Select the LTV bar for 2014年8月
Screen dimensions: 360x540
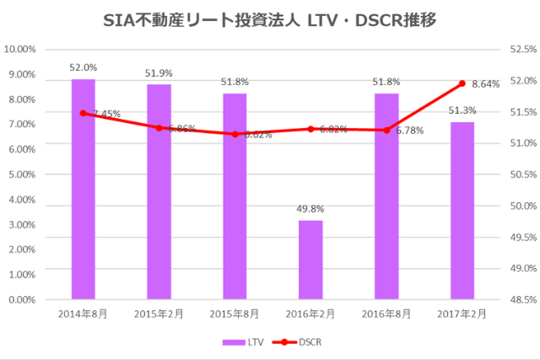pos(83,189)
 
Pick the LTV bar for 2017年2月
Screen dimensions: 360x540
pos(462,211)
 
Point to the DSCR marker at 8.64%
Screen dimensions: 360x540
pos(462,83)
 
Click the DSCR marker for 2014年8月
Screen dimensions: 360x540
pos(83,113)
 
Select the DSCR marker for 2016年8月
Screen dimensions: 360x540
pos(386,130)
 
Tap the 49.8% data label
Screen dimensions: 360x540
pos(310,209)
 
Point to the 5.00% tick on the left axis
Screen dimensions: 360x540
pos(22,175)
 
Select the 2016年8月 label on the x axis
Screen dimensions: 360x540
pos(386,314)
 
